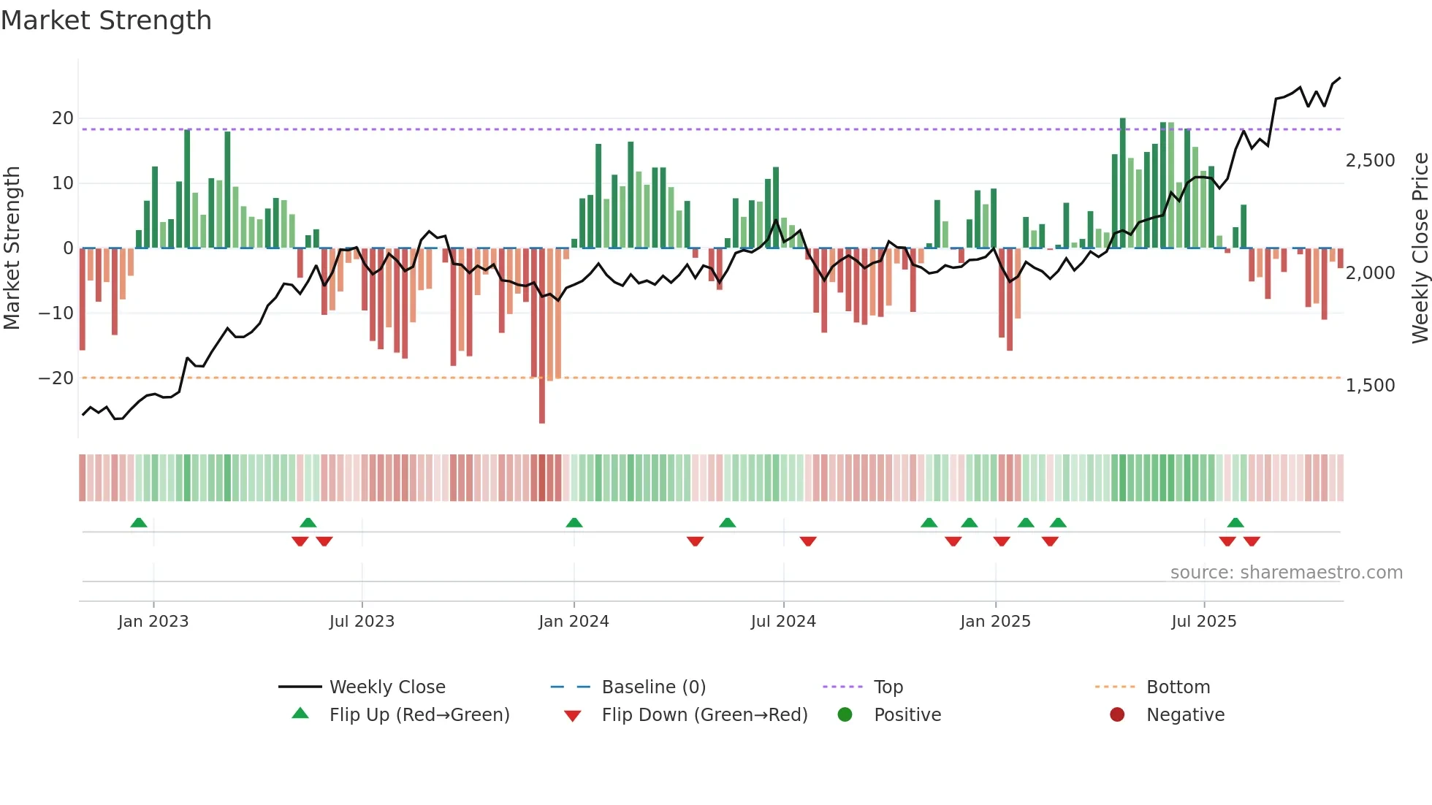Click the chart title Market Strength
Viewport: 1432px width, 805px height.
[106, 20]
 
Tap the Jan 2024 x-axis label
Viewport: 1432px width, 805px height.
[574, 622]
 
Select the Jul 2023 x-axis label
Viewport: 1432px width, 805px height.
[362, 622]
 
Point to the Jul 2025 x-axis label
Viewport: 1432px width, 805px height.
[1203, 622]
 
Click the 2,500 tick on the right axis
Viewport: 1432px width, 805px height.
[1370, 161]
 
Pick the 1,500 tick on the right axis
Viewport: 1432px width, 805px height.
[1370, 386]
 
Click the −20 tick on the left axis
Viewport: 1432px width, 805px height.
[56, 378]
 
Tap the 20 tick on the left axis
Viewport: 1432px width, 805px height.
[63, 118]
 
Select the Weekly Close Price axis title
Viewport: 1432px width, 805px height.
[1420, 248]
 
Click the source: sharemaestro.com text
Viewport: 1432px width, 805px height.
[1286, 573]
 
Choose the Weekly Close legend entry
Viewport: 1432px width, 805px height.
[387, 687]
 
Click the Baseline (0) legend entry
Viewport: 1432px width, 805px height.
[653, 687]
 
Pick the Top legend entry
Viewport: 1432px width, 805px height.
[888, 687]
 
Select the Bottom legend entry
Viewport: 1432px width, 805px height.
[1178, 687]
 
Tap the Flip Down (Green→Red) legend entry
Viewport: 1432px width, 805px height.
[704, 715]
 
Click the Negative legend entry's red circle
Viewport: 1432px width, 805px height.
[1117, 715]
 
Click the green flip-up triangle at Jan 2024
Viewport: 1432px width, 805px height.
[574, 522]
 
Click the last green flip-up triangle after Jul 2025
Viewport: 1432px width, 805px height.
[1235, 522]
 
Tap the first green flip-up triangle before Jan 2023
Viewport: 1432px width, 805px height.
[139, 522]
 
